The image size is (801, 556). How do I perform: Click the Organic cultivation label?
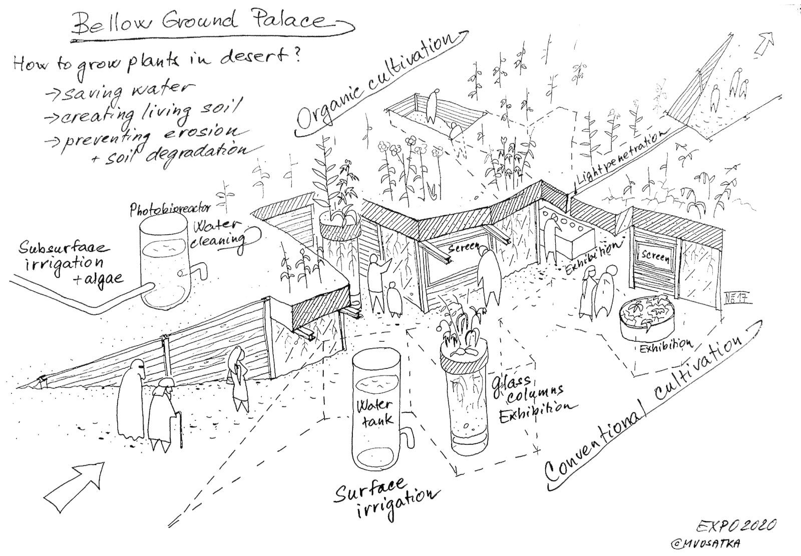[379, 83]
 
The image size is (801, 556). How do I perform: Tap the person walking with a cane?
[163, 415]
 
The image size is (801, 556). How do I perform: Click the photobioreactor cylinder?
[165, 263]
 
